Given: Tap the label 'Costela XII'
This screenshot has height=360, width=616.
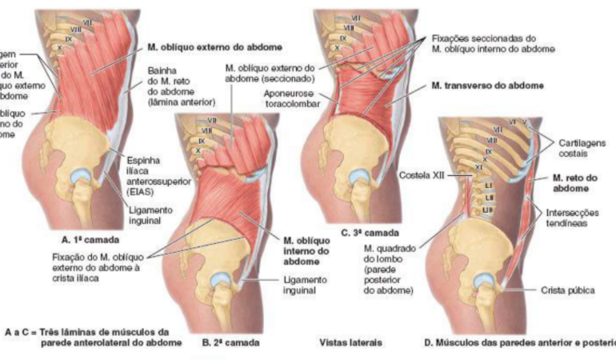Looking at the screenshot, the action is [x=422, y=175].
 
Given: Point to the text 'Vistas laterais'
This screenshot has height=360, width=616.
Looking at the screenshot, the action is [x=349, y=343].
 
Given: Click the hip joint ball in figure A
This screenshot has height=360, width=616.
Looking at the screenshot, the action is [x=81, y=176].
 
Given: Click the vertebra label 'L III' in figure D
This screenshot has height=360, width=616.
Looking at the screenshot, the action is [x=486, y=210].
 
